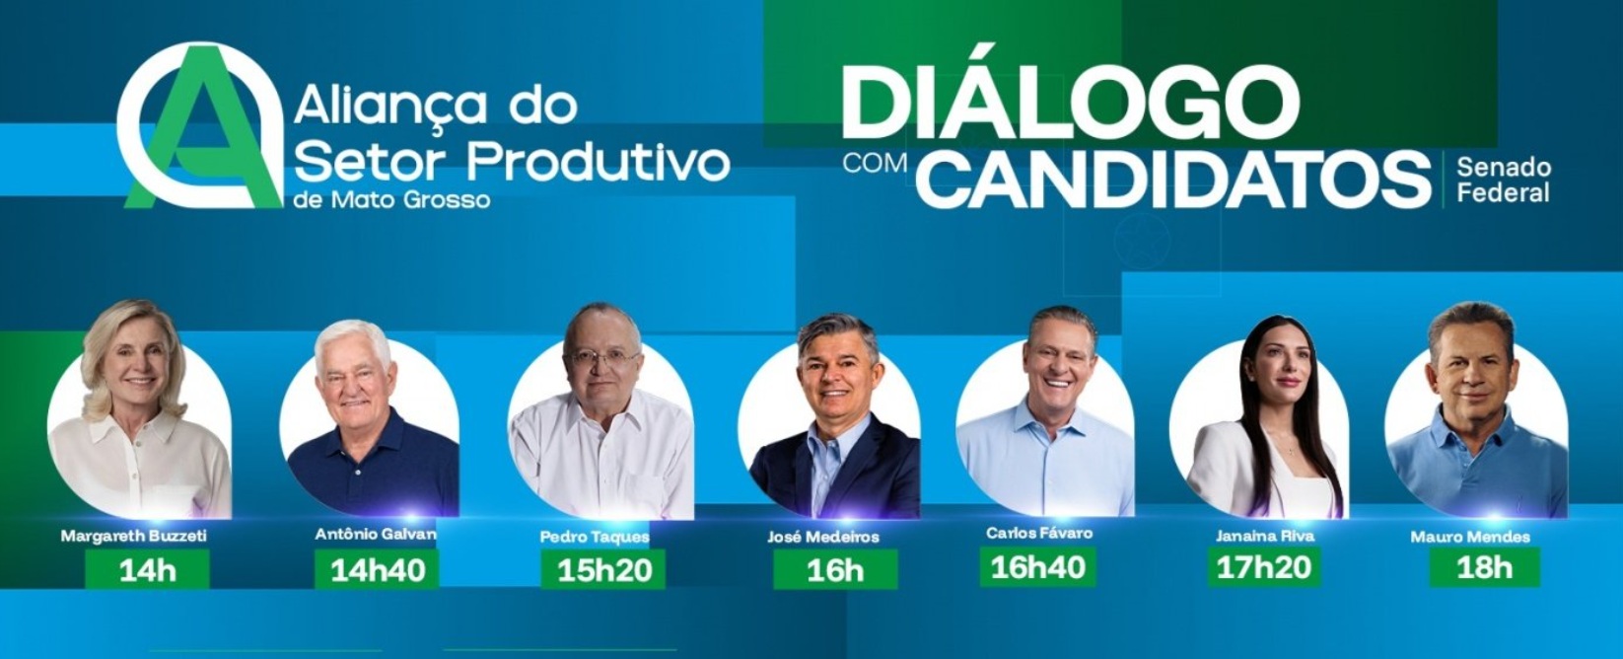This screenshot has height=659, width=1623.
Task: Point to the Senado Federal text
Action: [1504, 180]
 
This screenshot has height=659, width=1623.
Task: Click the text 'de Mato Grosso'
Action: [392, 199]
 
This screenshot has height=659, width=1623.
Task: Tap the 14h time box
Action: [147, 569]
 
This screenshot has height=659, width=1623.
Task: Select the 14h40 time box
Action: [377, 569]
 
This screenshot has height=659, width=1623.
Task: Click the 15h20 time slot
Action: [603, 569]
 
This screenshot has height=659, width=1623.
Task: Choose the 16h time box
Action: [835, 569]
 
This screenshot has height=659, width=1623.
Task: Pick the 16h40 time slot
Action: [1037, 567]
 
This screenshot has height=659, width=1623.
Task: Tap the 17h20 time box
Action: [1264, 567]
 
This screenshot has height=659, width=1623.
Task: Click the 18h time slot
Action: [1485, 567]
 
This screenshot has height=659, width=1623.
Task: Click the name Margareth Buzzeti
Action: [134, 536]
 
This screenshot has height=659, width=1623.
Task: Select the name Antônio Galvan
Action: [376, 535]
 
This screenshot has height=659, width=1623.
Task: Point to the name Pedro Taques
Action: [595, 538]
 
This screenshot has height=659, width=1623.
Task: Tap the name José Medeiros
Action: [823, 537]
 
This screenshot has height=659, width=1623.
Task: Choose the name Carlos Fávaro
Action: [1039, 533]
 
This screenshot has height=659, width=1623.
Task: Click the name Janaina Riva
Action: [1265, 536]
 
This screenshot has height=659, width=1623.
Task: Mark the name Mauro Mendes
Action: [1470, 537]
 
